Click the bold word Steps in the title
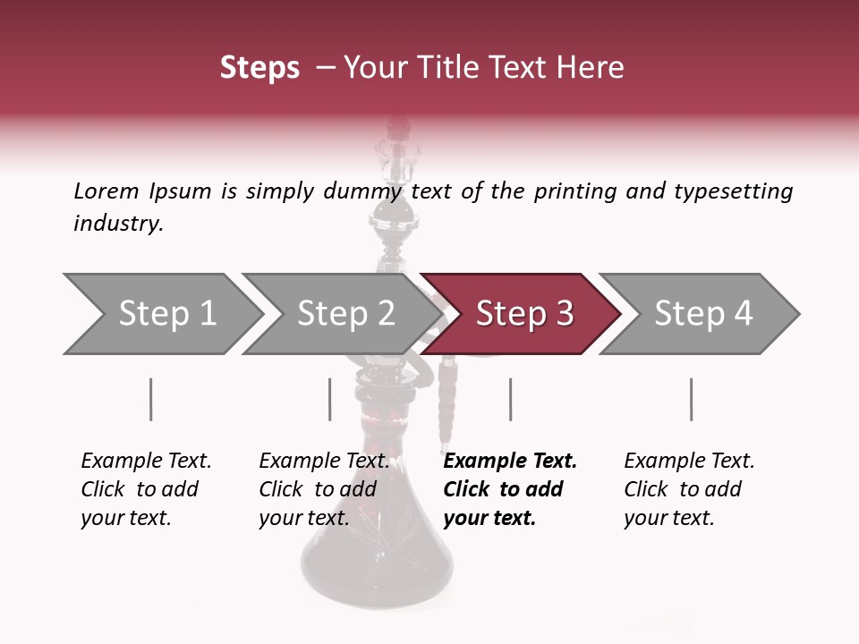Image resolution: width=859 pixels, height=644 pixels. click(259, 68)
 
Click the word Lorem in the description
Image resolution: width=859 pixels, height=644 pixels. click(106, 191)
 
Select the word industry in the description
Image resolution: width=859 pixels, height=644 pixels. click(118, 224)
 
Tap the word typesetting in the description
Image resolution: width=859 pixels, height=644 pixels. click(733, 191)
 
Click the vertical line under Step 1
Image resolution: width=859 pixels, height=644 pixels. click(150, 399)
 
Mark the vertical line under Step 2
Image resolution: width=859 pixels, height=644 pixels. click(330, 399)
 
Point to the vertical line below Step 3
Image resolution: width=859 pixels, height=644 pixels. click(510, 399)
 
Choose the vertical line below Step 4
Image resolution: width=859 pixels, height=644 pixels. click(691, 399)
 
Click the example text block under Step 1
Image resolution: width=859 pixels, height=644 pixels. click(146, 489)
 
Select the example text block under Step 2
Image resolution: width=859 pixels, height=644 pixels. click(324, 489)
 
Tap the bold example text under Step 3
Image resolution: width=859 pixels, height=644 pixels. click(510, 489)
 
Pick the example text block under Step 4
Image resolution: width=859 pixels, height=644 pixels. click(689, 489)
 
